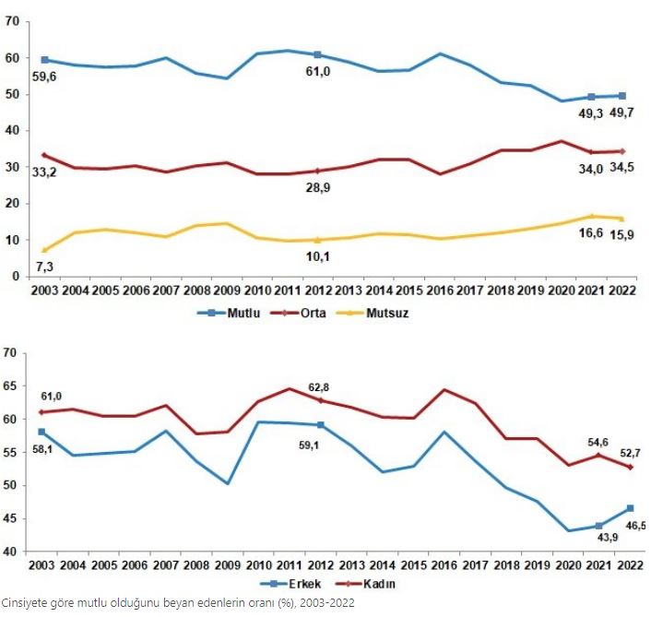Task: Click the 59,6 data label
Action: tap(43, 76)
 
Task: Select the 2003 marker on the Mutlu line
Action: tap(43, 60)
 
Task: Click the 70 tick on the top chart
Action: tap(13, 22)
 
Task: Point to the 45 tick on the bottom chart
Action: tap(10, 518)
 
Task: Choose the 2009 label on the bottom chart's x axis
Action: tap(228, 564)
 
